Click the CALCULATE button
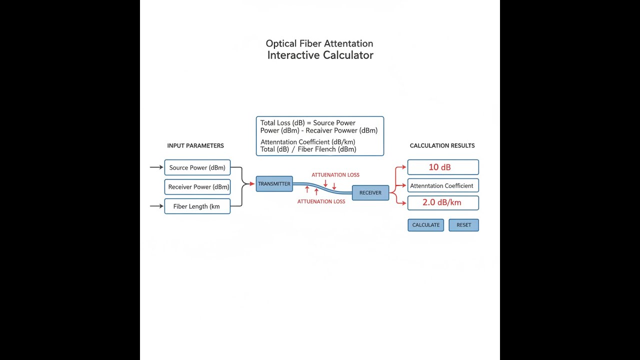point(425,225)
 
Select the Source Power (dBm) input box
point(197,167)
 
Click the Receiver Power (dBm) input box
point(197,187)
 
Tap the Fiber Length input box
point(197,206)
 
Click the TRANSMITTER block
point(274,183)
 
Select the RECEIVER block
point(370,193)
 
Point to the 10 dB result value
point(439,167)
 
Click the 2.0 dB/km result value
point(441,202)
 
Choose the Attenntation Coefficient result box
point(443,185)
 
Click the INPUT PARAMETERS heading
point(195,145)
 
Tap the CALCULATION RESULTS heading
point(442,145)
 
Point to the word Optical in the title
point(281,43)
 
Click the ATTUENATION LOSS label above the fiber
point(335,175)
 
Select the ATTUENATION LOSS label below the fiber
point(321,201)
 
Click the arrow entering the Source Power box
point(156,167)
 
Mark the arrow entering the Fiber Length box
point(156,206)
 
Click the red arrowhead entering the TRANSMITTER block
point(252,183)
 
